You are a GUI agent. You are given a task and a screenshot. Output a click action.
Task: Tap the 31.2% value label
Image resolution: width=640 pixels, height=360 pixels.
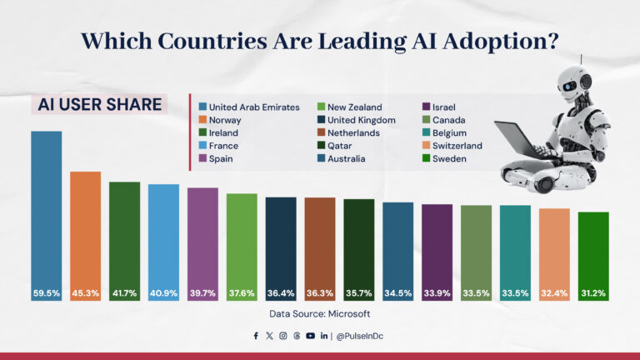pyautogui.click(x=593, y=293)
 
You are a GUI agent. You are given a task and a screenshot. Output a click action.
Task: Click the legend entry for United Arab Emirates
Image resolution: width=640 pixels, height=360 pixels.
pyautogui.click(x=253, y=107)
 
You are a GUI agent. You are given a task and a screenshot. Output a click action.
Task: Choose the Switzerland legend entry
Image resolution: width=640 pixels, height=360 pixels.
pyautogui.click(x=457, y=145)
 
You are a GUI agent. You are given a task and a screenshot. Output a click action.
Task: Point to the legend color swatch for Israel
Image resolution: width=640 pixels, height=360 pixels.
pyautogui.click(x=427, y=107)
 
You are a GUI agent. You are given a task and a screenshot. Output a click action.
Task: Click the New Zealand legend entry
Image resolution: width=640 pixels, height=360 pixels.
pyautogui.click(x=354, y=107)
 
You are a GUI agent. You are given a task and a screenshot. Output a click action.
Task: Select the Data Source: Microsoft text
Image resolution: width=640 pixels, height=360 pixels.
pyautogui.click(x=319, y=314)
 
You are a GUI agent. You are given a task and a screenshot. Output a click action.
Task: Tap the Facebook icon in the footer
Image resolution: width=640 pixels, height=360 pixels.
pyautogui.click(x=256, y=336)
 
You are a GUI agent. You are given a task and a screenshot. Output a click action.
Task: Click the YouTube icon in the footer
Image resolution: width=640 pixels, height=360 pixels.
pyautogui.click(x=310, y=336)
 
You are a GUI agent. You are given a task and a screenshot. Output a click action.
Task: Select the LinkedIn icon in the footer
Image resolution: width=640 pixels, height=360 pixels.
pyautogui.click(x=323, y=336)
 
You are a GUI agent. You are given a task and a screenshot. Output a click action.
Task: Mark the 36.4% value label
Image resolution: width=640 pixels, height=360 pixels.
pyautogui.click(x=281, y=293)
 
